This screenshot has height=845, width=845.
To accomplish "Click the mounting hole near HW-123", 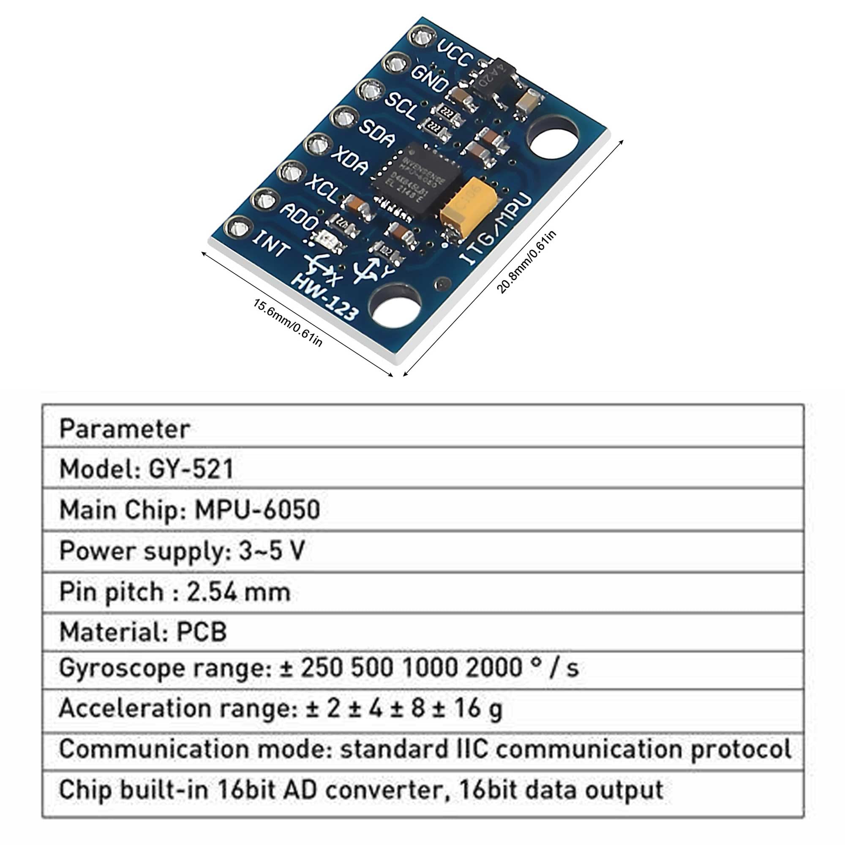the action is pyautogui.click(x=395, y=308).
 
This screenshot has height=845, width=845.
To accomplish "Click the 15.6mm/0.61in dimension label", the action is pyautogui.click(x=288, y=322).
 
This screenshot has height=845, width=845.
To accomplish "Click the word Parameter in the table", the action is pyautogui.click(x=125, y=428).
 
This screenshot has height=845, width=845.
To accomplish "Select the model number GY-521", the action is pyautogui.click(x=191, y=469).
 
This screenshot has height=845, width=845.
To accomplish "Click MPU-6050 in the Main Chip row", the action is pyautogui.click(x=258, y=510).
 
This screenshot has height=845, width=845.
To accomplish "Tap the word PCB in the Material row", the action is pyautogui.click(x=202, y=632).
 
